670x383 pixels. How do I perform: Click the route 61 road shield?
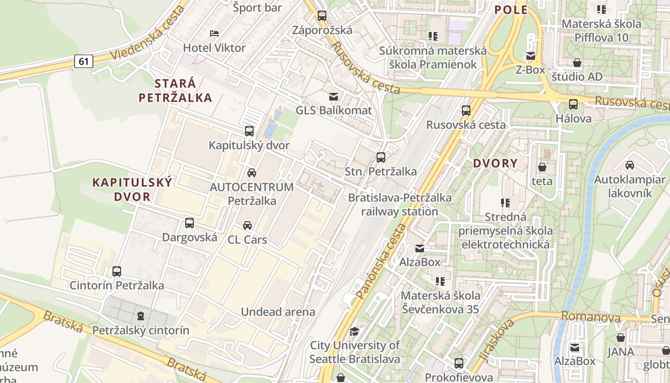[x=83, y=61]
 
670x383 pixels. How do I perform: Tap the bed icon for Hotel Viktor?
[x=214, y=34]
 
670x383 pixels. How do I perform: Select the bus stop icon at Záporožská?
[x=322, y=16]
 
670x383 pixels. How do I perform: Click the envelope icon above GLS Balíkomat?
[x=333, y=96]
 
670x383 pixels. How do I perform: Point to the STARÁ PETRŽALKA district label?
[x=175, y=90]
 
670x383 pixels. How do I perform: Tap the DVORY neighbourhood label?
[x=495, y=163]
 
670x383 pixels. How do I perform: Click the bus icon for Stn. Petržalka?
[x=381, y=157]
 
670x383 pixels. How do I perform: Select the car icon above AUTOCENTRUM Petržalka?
[x=251, y=172]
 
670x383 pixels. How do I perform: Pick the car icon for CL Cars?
[x=247, y=225]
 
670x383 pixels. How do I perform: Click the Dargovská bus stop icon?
[x=190, y=223]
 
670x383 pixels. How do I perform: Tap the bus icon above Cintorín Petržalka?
[x=117, y=271]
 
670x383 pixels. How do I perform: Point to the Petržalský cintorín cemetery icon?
[x=141, y=316]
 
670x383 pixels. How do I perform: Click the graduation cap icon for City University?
[x=354, y=331]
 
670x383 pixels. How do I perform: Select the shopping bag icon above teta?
[x=542, y=167]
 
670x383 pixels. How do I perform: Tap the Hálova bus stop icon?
[x=573, y=104]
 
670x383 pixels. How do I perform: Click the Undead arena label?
[x=278, y=312]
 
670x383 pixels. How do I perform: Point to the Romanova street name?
[x=591, y=316]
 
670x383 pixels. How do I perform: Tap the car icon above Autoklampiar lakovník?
[x=629, y=165]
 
